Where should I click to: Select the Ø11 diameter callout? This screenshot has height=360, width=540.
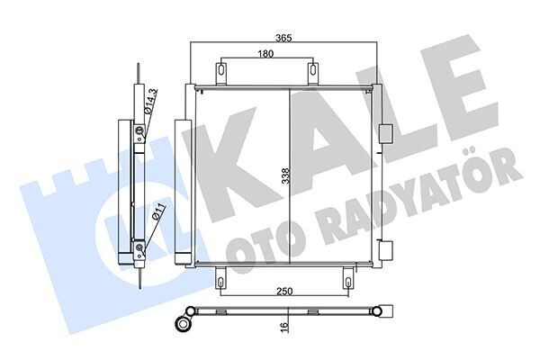click(x=158, y=213)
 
